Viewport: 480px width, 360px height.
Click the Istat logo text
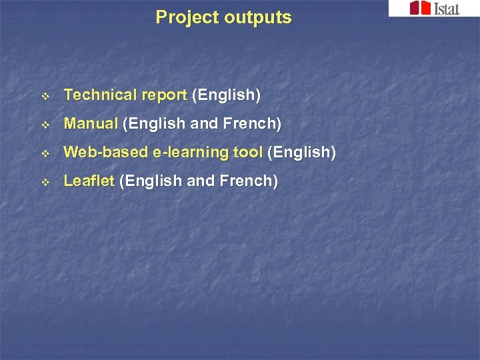(x=446, y=8)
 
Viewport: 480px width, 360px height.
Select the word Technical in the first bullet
(x=99, y=95)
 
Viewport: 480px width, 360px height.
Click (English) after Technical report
(x=226, y=95)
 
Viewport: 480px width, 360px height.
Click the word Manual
(x=91, y=123)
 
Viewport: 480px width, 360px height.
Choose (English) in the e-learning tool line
(x=301, y=152)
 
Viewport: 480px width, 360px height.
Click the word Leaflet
(x=89, y=181)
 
